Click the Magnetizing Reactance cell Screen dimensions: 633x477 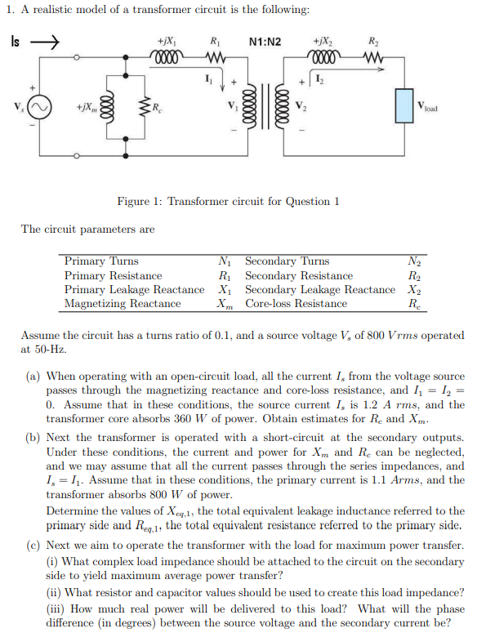(123, 304)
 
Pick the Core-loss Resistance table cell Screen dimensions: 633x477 (296, 304)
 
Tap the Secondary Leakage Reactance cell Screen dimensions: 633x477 (320, 290)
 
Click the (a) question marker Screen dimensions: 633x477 (33, 377)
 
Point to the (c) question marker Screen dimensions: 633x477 (33, 546)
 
